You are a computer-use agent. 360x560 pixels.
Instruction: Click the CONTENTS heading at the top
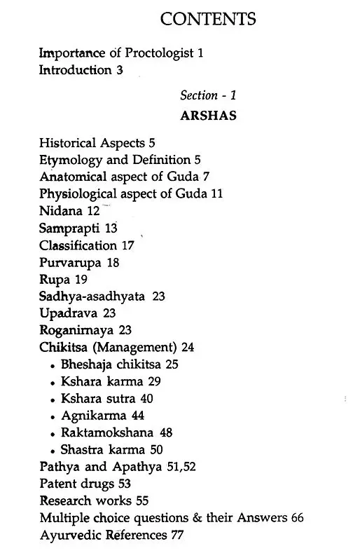tap(209, 19)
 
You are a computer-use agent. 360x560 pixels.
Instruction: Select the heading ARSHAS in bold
tap(208, 116)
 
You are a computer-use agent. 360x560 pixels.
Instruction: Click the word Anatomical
tap(73, 177)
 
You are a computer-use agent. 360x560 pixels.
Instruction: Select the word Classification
tap(78, 245)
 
